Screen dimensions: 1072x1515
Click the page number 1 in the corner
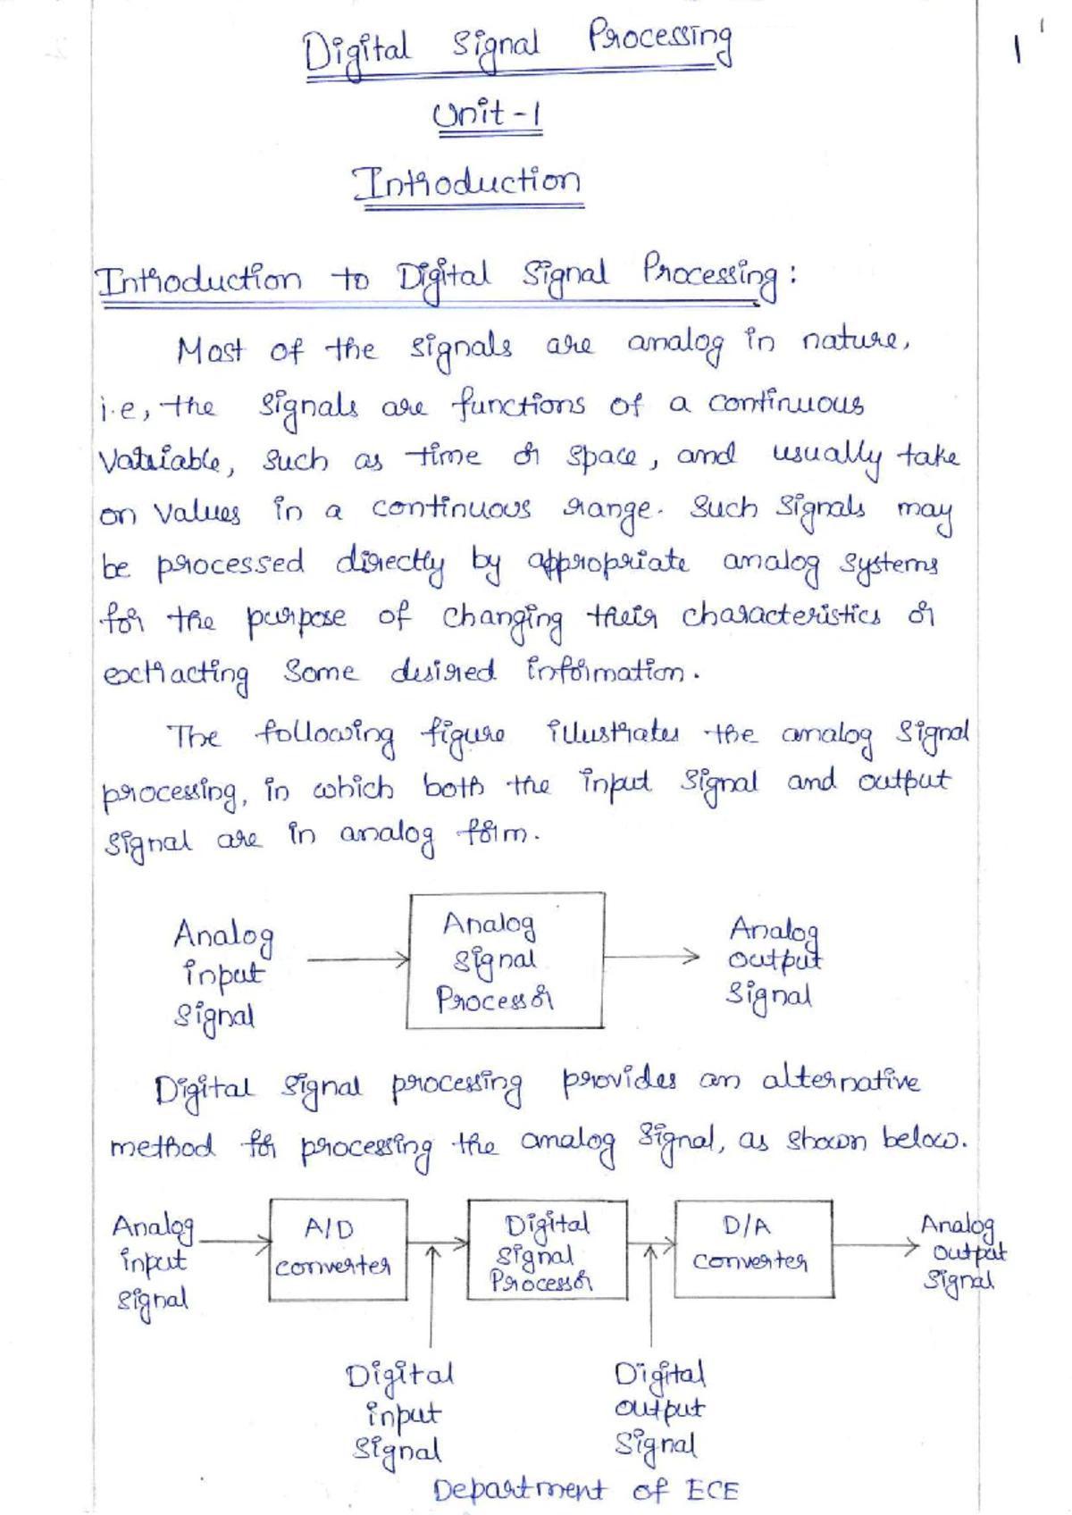[1017, 50]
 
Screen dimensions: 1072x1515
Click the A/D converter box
[339, 1250]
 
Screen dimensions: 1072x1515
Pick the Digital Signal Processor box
[547, 1250]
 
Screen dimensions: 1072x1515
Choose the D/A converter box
[753, 1249]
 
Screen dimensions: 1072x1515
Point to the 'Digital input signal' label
[399, 1415]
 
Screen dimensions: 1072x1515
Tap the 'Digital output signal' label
[659, 1412]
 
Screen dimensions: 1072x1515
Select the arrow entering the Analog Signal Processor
[358, 959]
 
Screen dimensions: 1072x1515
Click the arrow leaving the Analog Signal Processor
[651, 957]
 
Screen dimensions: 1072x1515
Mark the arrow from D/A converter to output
[875, 1244]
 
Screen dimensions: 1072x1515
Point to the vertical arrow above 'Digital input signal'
[431, 1296]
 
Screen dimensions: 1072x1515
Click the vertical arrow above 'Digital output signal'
[650, 1296]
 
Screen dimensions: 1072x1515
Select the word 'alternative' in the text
[840, 1081]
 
